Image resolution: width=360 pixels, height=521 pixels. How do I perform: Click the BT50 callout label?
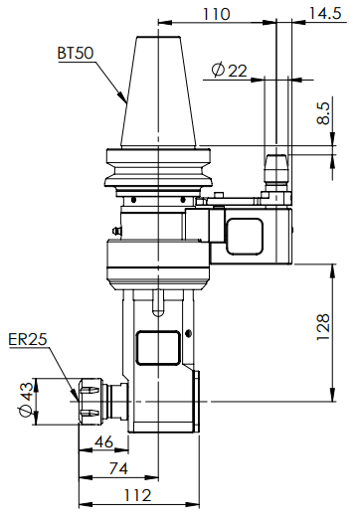(x=76, y=53)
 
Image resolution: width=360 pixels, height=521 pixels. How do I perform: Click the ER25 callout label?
(x=28, y=340)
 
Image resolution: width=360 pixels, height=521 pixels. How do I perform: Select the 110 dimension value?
(x=216, y=14)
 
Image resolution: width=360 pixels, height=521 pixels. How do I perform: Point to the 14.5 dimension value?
(x=325, y=13)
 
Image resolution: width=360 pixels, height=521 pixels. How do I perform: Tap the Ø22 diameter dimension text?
(x=230, y=71)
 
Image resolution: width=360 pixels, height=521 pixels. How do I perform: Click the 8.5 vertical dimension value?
(x=323, y=113)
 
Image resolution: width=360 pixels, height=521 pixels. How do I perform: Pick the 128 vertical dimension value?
(x=323, y=327)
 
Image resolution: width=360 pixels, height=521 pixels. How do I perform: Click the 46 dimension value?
(x=103, y=441)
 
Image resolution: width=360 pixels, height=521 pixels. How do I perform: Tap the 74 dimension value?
(x=118, y=468)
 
